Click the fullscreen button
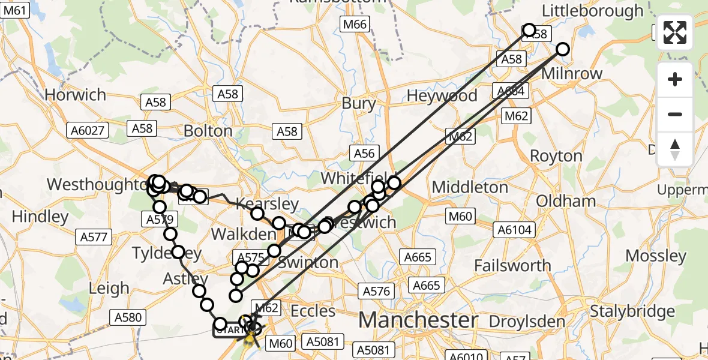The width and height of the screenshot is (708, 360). click(x=675, y=32)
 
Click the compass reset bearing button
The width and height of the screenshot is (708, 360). click(x=675, y=149)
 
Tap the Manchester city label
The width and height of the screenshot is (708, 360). click(x=418, y=319)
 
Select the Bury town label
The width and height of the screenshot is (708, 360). click(x=358, y=103)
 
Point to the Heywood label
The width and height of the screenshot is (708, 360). click(x=442, y=96)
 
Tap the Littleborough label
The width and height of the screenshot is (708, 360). click(x=593, y=11)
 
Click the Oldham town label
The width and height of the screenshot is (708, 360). click(x=566, y=200)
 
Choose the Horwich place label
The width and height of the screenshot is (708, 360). click(x=75, y=95)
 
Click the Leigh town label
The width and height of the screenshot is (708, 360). click(x=109, y=288)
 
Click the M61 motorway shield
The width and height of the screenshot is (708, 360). click(x=15, y=10)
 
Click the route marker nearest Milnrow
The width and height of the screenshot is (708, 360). click(x=562, y=49)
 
